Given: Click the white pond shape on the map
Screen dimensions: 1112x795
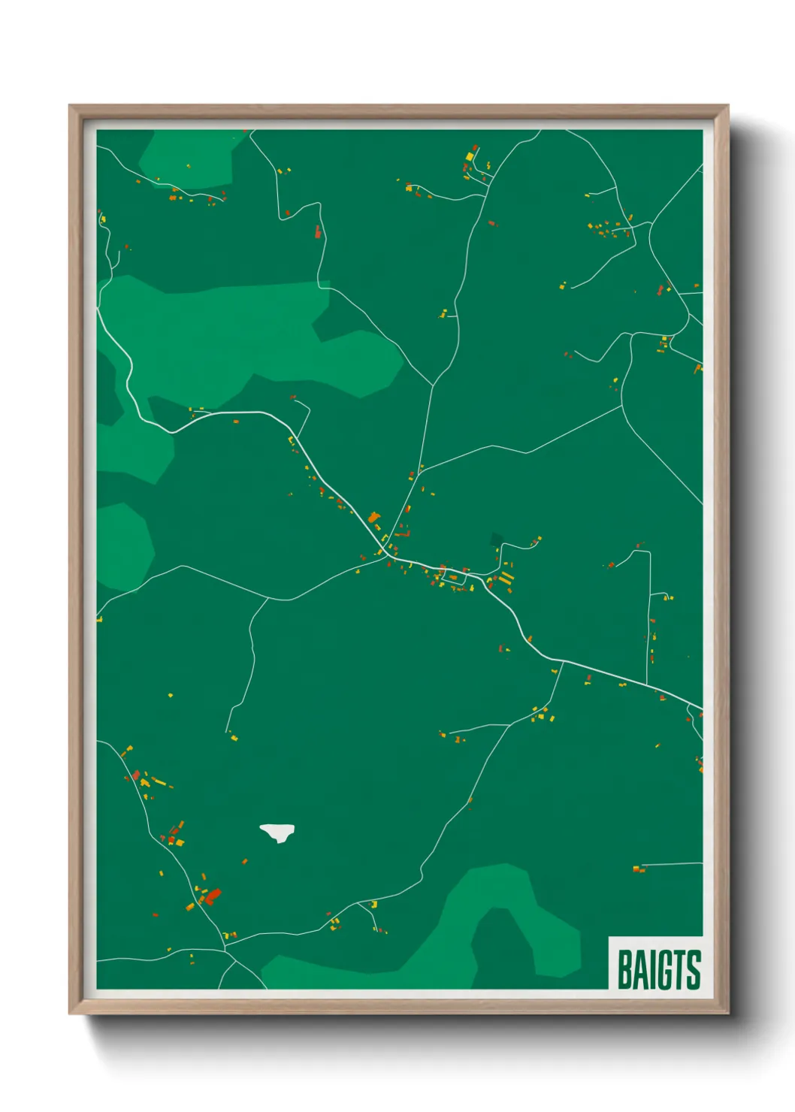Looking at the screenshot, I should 277,832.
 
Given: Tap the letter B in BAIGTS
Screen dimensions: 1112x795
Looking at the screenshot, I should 624,970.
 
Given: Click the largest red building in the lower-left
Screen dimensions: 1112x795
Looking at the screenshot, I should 213,895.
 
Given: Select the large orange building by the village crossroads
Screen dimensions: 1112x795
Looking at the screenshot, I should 373,518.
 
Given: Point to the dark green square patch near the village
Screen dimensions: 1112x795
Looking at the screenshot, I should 496,539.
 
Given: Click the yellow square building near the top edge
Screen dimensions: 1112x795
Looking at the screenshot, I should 470,156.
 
